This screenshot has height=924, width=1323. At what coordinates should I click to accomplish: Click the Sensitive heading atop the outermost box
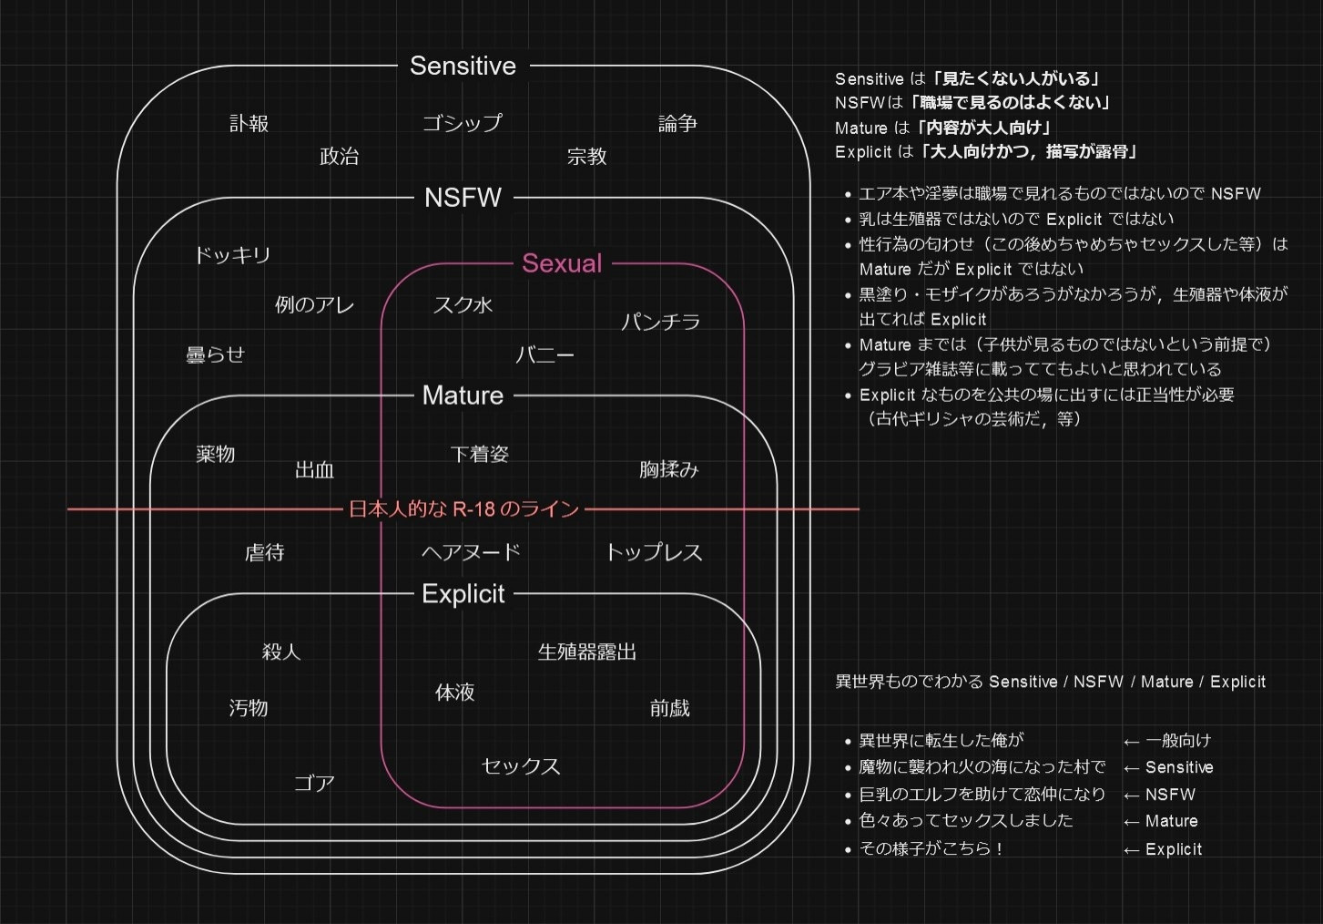coord(463,66)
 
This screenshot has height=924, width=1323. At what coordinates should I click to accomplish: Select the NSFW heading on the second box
coord(463,198)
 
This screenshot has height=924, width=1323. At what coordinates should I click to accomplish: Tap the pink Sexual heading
coord(562,263)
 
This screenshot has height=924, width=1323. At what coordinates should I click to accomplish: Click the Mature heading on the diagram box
coord(463,395)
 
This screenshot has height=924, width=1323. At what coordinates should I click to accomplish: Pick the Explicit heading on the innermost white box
coord(463,594)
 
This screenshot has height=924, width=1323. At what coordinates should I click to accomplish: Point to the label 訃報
coord(249,123)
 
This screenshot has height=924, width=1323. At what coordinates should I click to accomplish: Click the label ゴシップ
coord(463,123)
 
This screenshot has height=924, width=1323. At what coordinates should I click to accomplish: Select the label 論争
coord(677,123)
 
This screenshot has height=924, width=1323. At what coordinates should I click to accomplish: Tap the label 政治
coord(339,157)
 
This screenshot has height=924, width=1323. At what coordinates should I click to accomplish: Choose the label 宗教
coord(586,157)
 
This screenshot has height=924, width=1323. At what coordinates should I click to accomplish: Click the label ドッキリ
coord(232,255)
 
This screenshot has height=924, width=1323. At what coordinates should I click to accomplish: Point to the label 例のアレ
coord(314,304)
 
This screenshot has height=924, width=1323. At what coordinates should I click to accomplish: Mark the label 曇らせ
coord(215,354)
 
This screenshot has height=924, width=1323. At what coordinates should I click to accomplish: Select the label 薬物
coord(215,454)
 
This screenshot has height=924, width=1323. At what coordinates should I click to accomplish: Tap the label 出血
coord(314,470)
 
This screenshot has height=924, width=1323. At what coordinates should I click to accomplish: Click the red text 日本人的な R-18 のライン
coord(463,509)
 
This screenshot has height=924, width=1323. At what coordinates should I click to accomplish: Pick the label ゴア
coord(314,783)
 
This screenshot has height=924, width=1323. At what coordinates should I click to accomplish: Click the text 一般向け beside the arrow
coord(1178,741)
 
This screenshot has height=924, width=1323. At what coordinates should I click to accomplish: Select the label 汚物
coord(248,708)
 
